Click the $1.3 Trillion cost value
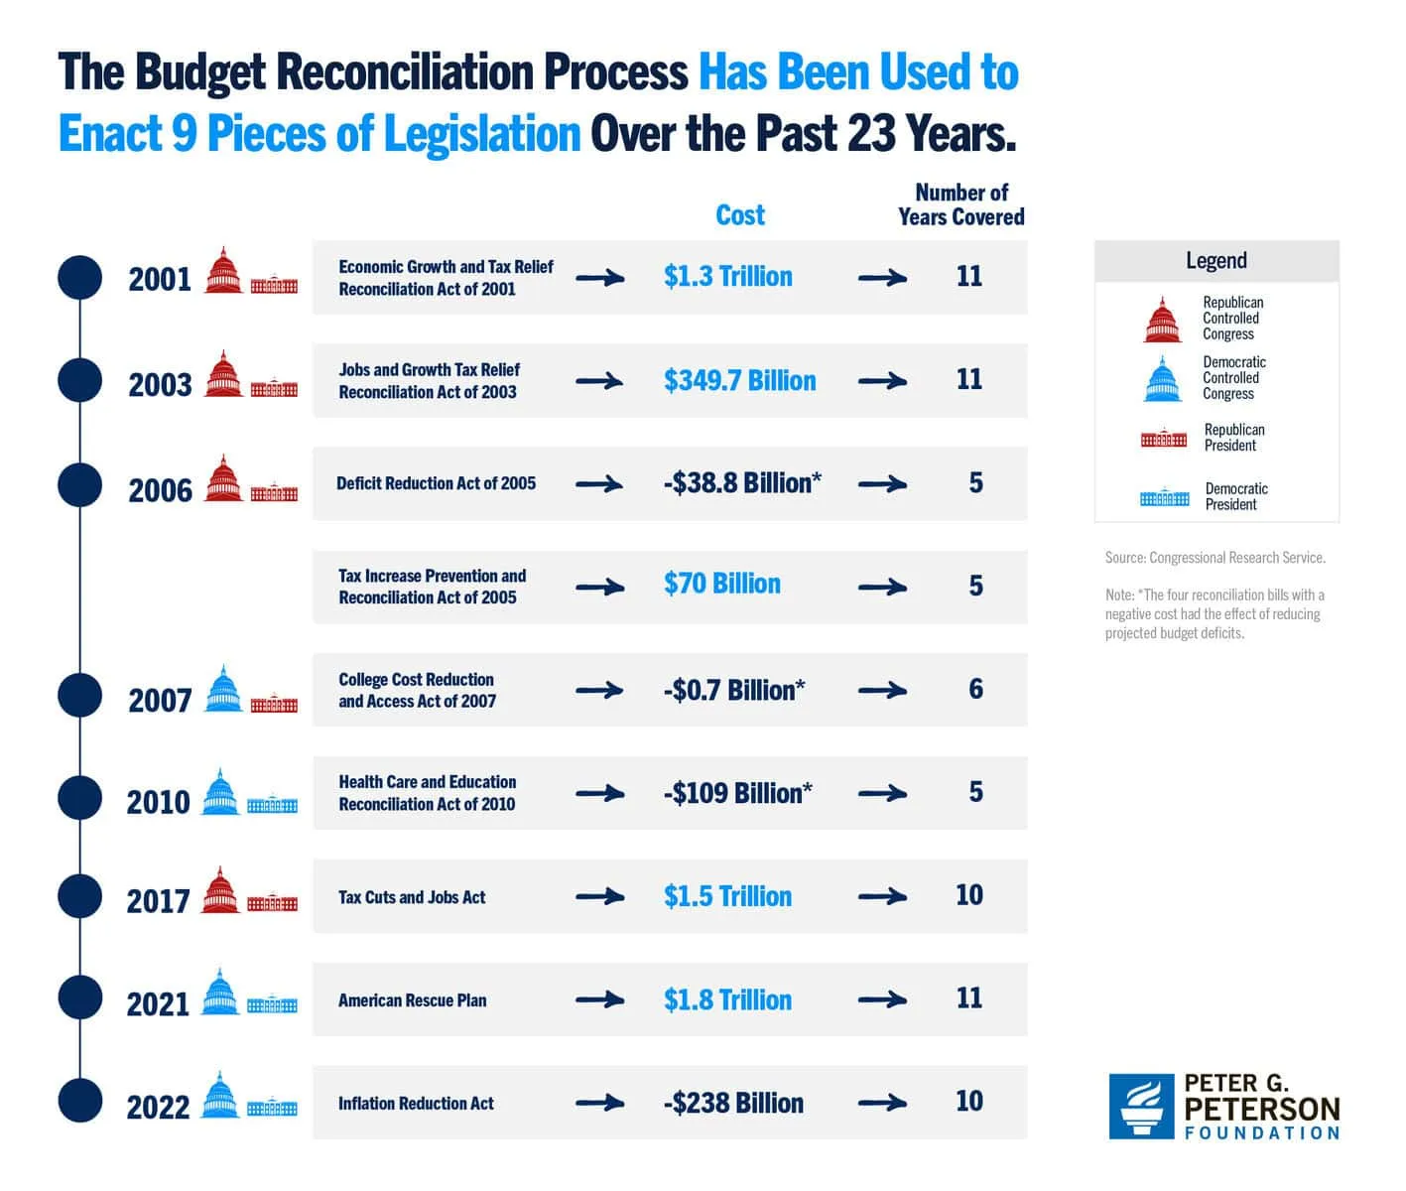pyautogui.click(x=727, y=277)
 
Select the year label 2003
pyautogui.click(x=160, y=384)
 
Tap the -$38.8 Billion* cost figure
pyautogui.click(x=741, y=483)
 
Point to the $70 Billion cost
pyautogui.click(x=721, y=584)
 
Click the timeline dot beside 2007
pyautogui.click(x=79, y=695)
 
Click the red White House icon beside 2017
pyautogui.click(x=272, y=903)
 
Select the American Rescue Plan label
pyautogui.click(x=412, y=1000)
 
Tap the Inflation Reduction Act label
pyautogui.click(x=416, y=1104)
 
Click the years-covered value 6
pyautogui.click(x=975, y=689)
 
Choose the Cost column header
pyautogui.click(x=740, y=215)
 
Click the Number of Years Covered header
pyautogui.click(x=960, y=204)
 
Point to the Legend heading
pyautogui.click(x=1215, y=261)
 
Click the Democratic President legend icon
pyautogui.click(x=1164, y=497)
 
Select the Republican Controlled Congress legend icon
pyautogui.click(x=1162, y=320)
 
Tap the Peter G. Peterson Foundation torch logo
pyautogui.click(x=1141, y=1106)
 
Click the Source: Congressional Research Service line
pyautogui.click(x=1214, y=558)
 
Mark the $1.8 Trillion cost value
pyautogui.click(x=727, y=1000)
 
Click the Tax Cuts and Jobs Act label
pyautogui.click(x=412, y=897)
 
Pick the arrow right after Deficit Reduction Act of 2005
pyautogui.click(x=599, y=484)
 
